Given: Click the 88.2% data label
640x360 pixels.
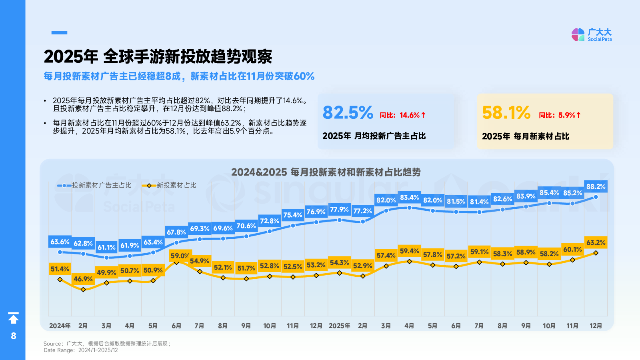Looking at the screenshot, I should [596, 186].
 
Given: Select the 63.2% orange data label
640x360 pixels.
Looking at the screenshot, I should [596, 242].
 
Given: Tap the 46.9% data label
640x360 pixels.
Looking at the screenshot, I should [83, 279].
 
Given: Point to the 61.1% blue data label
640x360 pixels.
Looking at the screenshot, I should [106, 247].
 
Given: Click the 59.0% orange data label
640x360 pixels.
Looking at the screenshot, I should [180, 256].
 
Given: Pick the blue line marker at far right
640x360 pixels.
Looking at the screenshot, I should [596, 197].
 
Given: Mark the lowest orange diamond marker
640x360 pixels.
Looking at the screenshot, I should [83, 289].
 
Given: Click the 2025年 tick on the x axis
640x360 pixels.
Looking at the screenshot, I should [339, 326].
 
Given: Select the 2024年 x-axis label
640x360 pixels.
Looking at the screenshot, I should [60, 326].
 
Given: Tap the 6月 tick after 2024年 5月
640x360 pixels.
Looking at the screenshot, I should [176, 326].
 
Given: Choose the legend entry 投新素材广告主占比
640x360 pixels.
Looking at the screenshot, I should [95, 185].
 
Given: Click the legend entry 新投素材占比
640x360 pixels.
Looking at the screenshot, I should [170, 185].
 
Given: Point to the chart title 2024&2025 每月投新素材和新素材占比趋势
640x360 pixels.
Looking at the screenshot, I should [326, 172].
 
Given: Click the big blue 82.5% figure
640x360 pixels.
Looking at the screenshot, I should [348, 113].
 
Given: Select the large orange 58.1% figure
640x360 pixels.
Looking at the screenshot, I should [506, 113].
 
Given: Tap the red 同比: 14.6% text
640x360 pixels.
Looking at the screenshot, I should [402, 115].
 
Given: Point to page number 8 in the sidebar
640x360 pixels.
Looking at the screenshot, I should [14, 336].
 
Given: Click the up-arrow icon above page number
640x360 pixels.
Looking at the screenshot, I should [14, 318].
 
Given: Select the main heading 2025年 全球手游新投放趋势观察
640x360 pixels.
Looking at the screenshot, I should [158, 56].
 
